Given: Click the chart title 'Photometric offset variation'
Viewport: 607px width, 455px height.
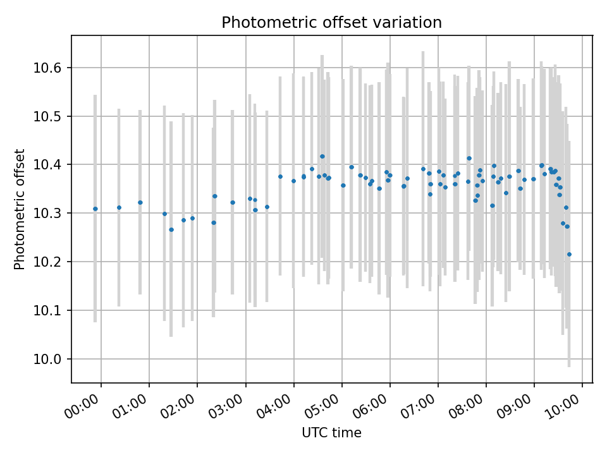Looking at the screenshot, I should (331, 23).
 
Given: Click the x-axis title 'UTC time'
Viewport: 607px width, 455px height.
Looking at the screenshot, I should (331, 433).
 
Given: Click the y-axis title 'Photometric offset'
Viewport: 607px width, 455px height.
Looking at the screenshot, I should (20, 209).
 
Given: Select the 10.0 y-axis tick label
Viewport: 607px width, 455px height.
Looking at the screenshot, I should (51, 359).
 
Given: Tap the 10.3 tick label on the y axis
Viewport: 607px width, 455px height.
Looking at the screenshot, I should (51, 214).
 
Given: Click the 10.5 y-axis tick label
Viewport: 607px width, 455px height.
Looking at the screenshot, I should (51, 116).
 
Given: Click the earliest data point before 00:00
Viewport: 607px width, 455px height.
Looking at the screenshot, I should (95, 209).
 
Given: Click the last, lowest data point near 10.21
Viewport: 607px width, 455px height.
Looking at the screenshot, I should (569, 254).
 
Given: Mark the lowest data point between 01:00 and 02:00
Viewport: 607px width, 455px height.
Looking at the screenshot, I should (171, 229).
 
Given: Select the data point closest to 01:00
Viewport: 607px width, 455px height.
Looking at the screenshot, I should (140, 202).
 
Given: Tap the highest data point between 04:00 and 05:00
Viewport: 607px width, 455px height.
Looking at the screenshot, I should (322, 156).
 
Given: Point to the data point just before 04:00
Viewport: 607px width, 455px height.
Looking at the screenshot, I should (280, 176).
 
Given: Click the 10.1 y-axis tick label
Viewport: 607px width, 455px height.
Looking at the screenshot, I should (51, 310).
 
